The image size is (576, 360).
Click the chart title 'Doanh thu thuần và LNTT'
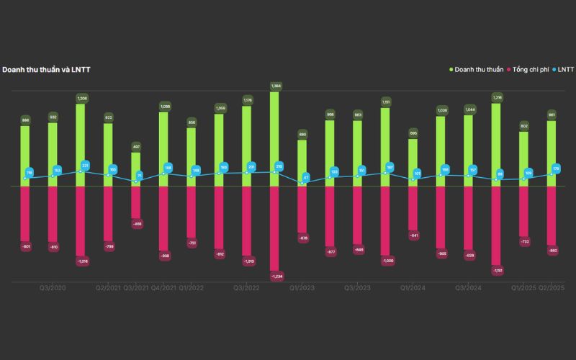(45, 70)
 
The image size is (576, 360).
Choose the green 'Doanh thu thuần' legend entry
(478, 70)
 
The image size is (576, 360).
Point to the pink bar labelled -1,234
(275, 227)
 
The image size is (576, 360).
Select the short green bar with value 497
(136, 169)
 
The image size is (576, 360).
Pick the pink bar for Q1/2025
(524, 211)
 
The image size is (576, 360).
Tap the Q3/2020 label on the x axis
(53, 288)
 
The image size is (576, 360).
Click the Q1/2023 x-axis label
(302, 288)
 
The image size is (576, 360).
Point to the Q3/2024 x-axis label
(468, 288)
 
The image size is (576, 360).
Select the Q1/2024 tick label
(413, 288)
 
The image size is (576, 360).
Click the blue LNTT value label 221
(86, 166)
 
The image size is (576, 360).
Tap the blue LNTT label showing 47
(306, 177)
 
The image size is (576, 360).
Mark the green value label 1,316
(497, 96)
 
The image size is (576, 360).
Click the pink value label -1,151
(497, 271)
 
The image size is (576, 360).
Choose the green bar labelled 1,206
(81, 144)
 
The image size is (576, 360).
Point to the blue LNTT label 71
(140, 175)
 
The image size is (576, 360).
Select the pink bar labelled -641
(413, 208)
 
